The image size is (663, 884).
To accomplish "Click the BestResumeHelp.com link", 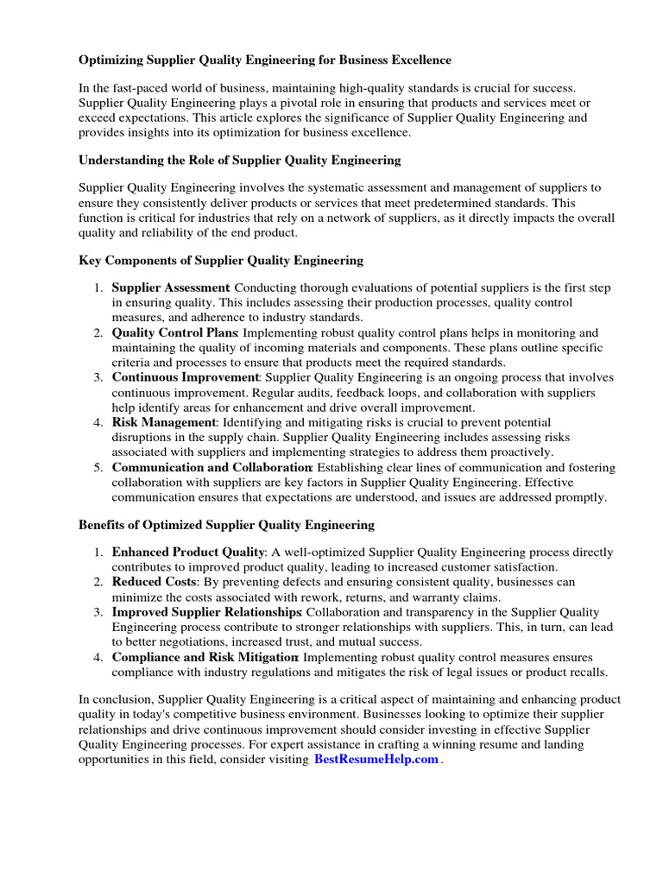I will (376, 759).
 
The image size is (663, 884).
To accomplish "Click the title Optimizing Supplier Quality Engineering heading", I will (265, 60).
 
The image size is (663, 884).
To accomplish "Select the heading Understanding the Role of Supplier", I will (240, 160).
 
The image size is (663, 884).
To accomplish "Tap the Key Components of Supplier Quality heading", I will (221, 260).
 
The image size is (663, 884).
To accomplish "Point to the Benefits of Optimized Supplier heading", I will (227, 524).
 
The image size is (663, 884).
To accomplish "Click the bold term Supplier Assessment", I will (170, 287).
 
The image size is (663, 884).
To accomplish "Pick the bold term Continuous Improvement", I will (186, 377).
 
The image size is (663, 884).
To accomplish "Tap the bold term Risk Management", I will (163, 422).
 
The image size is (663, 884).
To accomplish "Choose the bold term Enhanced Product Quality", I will (188, 552).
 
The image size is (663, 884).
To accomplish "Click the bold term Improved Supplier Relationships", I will (206, 612).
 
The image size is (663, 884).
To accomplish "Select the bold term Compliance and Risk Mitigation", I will (205, 657).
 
